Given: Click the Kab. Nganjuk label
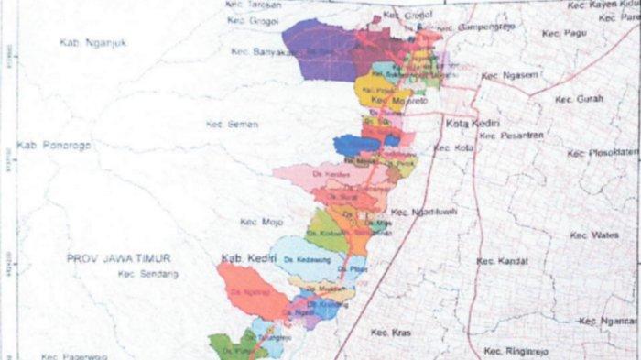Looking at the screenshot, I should coord(92,42).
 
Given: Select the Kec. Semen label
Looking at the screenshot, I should coord(232,125).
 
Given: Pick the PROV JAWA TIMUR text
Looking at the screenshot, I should coord(118,259).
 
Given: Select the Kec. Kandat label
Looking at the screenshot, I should coord(502,261).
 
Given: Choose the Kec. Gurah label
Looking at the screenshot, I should coord(578,99).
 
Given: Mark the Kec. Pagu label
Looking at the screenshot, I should coord(563,33).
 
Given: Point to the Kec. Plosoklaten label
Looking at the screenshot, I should coord(602,153).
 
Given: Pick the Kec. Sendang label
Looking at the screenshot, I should coord(147,274).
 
